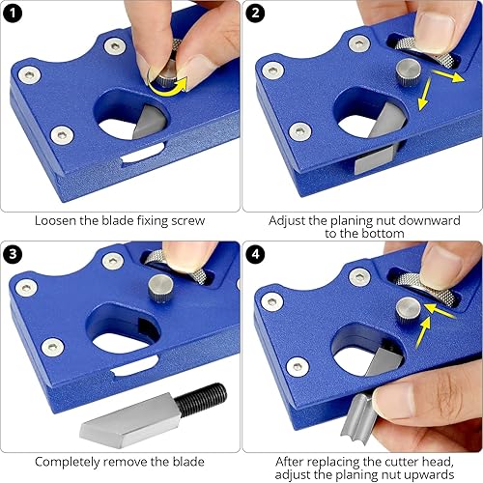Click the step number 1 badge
coord(13,14)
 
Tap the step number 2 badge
coord(255,14)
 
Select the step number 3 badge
coord(13,254)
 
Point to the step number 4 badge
coord(255,254)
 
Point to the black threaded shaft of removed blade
coord(201,399)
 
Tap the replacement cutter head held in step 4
coord(358,417)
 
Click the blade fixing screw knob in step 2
coord(409,71)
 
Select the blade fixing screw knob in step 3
coord(160,288)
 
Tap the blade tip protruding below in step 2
coord(374,161)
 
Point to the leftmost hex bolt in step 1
coord(29,75)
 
